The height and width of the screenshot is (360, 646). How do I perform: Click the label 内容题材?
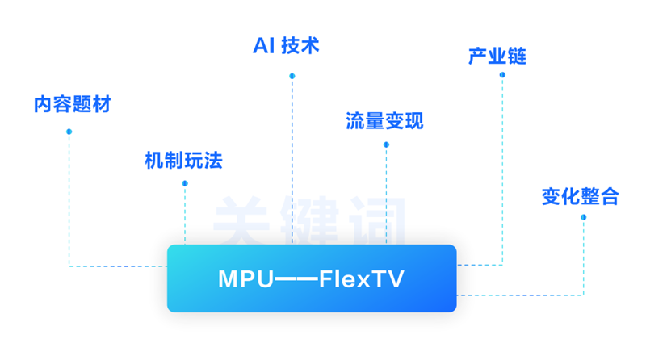72,105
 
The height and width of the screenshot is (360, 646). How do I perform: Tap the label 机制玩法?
183,161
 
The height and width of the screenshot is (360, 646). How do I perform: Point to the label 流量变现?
384,121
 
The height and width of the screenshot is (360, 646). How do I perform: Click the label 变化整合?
580,196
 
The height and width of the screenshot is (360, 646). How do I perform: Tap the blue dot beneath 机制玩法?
185,183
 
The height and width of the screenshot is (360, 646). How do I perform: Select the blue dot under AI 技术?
292,77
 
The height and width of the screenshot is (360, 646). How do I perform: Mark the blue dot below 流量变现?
386,144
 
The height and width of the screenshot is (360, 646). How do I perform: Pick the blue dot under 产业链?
502,75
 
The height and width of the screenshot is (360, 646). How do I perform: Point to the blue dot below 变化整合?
583,217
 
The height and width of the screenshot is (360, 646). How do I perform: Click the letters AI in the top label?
263,45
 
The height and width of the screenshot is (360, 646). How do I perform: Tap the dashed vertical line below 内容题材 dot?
69,202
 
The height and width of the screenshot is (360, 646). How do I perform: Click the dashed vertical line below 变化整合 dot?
583,258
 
